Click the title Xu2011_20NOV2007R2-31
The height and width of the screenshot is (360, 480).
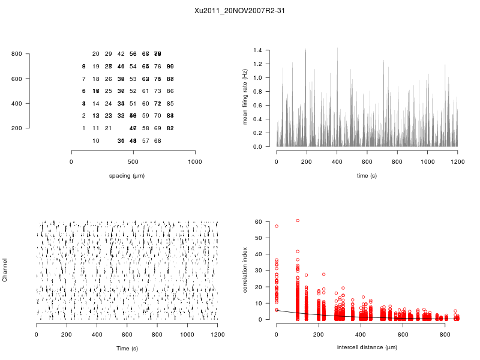[239, 11]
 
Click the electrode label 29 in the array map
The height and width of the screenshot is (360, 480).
[108, 54]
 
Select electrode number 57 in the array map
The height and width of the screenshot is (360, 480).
[145, 140]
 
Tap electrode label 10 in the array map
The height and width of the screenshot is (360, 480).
[96, 140]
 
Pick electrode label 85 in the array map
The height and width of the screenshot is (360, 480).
[170, 103]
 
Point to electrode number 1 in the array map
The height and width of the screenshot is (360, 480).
[83, 128]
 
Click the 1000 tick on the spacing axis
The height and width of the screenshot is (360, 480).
[195, 162]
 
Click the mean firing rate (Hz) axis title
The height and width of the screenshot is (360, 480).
[245, 97]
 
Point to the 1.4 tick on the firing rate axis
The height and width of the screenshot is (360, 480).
[259, 50]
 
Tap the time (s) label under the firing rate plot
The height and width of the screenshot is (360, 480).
[367, 175]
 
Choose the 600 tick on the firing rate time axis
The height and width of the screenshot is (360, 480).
[367, 162]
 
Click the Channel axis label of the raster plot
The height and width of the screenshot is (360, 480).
[5, 271]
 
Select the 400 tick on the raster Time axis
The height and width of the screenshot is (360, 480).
[97, 335]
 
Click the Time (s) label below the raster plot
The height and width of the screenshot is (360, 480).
[127, 348]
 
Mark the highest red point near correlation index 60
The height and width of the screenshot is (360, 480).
[298, 221]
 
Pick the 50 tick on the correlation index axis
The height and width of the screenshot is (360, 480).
[260, 238]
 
